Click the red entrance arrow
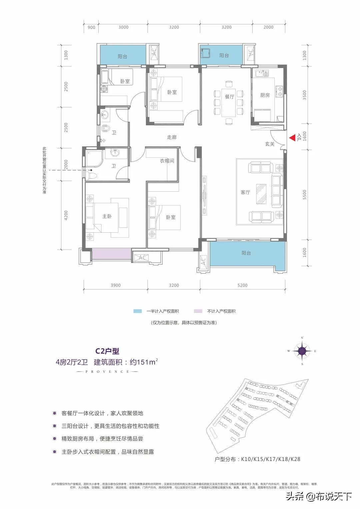pyautogui.click(x=291, y=137)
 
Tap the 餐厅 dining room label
pyautogui.click(x=229, y=97)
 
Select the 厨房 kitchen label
pyautogui.click(x=265, y=95)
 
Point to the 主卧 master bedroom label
pyautogui.click(x=107, y=216)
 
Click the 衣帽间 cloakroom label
pyautogui.click(x=167, y=161)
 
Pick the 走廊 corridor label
pyautogui.click(x=172, y=137)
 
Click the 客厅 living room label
pyautogui.click(x=245, y=192)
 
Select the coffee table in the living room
pyautogui.click(x=261, y=194)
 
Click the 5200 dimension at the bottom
pyautogui.click(x=243, y=285)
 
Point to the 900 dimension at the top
pyautogui.click(x=91, y=27)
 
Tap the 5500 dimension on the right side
pyautogui.click(x=304, y=195)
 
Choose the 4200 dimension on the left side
pyautogui.click(x=66, y=215)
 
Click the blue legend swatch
pyautogui.click(x=138, y=311)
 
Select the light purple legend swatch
pyautogui.click(x=198, y=311)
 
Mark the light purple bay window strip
pyautogui.click(x=111, y=253)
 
